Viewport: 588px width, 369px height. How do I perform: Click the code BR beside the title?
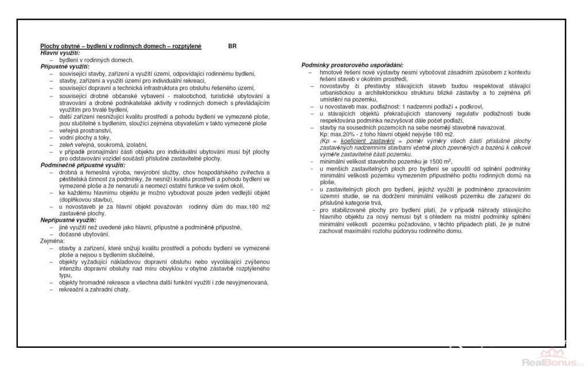231,46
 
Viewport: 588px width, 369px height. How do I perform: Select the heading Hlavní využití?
60,53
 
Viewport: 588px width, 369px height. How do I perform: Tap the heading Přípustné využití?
63,67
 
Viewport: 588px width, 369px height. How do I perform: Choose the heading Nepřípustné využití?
68,220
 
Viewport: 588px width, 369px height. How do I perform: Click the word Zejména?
52,242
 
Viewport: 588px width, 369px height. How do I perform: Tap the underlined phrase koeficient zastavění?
364,141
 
